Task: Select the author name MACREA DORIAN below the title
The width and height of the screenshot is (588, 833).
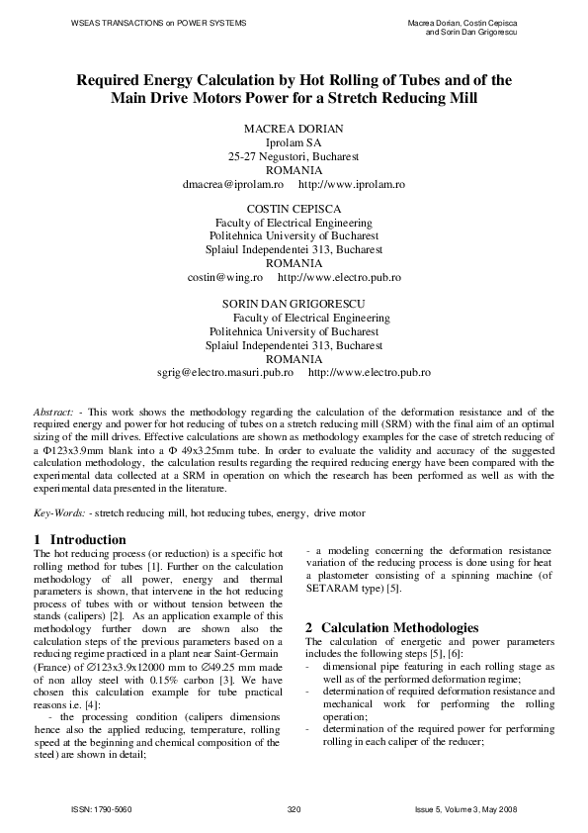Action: coord(294,130)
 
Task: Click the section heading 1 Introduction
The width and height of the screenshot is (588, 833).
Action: coord(80,539)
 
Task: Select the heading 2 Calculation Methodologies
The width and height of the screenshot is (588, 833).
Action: coord(393,628)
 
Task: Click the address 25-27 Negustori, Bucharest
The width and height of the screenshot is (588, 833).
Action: coord(294,156)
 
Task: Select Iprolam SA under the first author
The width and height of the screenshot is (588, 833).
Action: coord(294,143)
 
